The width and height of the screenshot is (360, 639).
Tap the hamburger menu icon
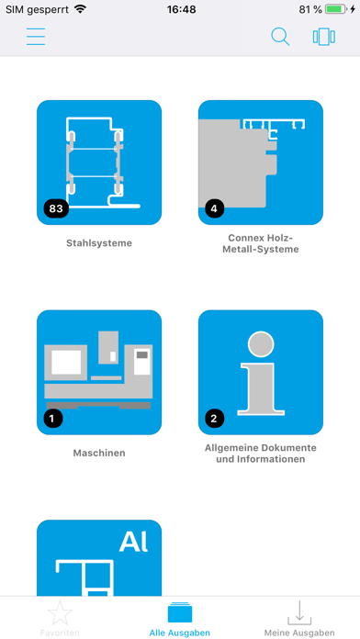click(36, 37)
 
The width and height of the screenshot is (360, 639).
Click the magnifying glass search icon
click(280, 37)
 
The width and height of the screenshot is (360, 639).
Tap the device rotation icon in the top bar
click(324, 37)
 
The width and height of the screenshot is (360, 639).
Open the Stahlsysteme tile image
click(99, 163)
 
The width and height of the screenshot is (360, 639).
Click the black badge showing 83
click(56, 209)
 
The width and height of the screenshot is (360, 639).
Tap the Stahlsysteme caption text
click(99, 243)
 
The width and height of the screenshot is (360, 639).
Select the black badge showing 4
click(215, 209)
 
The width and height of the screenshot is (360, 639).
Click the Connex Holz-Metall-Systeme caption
click(261, 243)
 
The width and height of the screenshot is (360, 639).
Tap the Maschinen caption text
click(99, 453)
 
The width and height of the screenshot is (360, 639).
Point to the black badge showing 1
click(53, 419)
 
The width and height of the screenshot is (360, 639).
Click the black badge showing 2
click(215, 419)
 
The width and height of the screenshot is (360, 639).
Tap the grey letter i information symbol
click(261, 374)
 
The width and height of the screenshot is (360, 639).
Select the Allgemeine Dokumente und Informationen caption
click(261, 454)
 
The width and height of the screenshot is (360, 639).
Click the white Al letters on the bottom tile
click(134, 543)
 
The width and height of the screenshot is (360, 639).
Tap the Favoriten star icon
click(60, 613)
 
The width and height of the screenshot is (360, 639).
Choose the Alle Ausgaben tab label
click(180, 633)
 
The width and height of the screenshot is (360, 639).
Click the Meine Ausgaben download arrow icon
click(299, 613)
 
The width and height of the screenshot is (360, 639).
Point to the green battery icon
click(336, 10)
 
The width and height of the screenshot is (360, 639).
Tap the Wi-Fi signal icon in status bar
click(80, 9)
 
